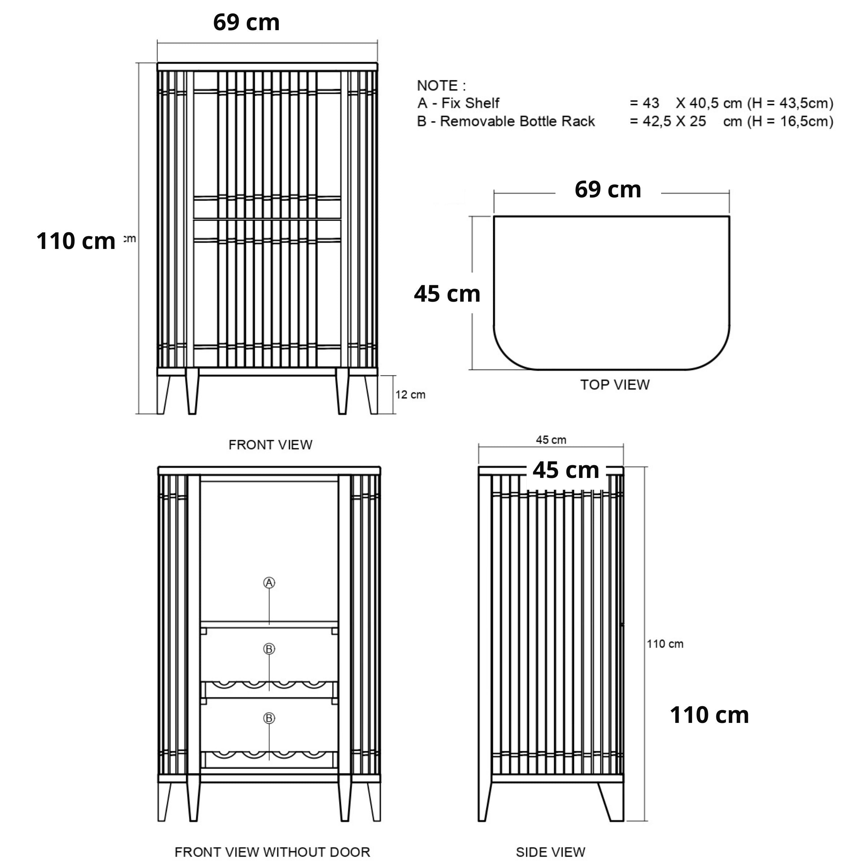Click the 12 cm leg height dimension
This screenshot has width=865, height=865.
[410, 395]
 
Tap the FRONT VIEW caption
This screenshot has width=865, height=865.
[270, 444]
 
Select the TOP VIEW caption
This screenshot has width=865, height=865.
[615, 385]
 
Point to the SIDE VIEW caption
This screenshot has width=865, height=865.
[550, 852]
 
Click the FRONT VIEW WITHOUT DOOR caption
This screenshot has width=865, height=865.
[272, 852]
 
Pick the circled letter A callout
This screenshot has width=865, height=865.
[269, 583]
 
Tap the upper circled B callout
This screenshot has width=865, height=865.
[269, 649]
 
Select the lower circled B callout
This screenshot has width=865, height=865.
[269, 718]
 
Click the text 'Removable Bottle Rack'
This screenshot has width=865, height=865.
[517, 121]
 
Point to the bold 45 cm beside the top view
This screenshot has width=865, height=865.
[447, 294]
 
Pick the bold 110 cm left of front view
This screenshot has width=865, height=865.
[76, 241]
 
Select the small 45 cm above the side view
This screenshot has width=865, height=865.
[551, 440]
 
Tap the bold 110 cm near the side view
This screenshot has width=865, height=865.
[709, 715]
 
